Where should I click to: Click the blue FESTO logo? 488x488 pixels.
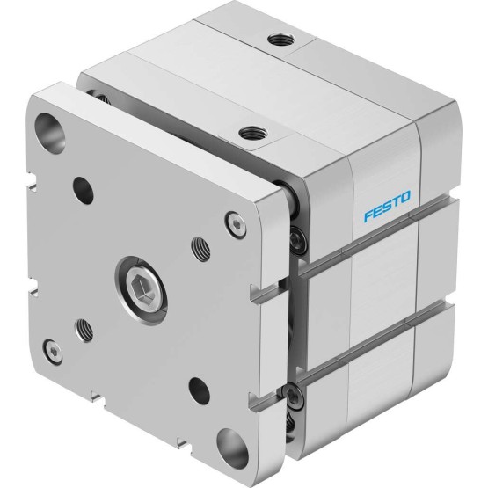click(x=387, y=206)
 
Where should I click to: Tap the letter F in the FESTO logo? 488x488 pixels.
click(x=368, y=215)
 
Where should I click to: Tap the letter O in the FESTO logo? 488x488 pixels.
click(x=404, y=197)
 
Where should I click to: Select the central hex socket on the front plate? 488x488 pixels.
click(x=141, y=290)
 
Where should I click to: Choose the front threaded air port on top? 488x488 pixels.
click(x=252, y=133)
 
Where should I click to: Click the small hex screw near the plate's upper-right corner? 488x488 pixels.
click(x=236, y=225)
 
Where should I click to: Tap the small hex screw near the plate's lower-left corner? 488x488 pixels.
click(x=53, y=352)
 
